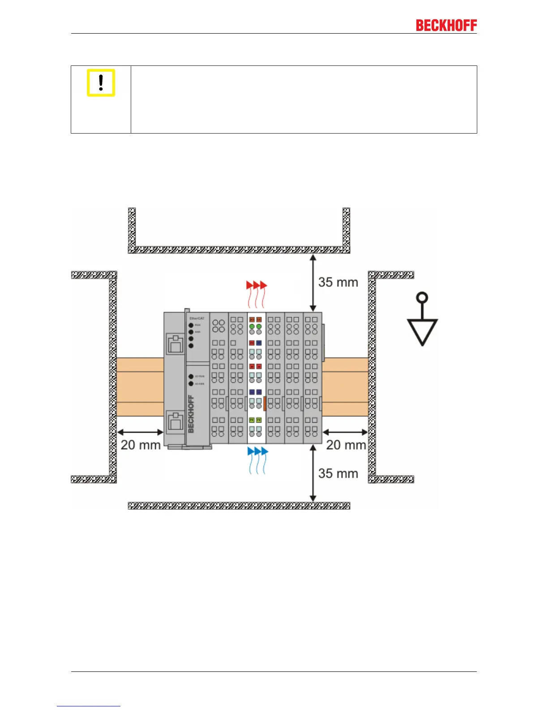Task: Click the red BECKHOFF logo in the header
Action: point(446,26)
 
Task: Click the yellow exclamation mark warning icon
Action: point(101,83)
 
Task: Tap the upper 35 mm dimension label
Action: point(338,282)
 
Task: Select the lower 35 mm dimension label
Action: point(338,474)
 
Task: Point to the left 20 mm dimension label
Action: point(140,445)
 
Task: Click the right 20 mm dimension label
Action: point(346,445)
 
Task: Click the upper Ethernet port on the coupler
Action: point(176,344)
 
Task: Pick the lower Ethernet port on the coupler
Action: point(176,421)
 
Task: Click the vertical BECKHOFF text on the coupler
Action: point(191,413)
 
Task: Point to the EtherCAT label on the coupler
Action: point(197,318)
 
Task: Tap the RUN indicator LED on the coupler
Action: point(191,325)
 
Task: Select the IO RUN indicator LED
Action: point(191,377)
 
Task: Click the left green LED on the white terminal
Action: point(252,326)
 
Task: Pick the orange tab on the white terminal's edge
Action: point(265,403)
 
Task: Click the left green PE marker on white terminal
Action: point(252,420)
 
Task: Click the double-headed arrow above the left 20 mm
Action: point(140,432)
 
